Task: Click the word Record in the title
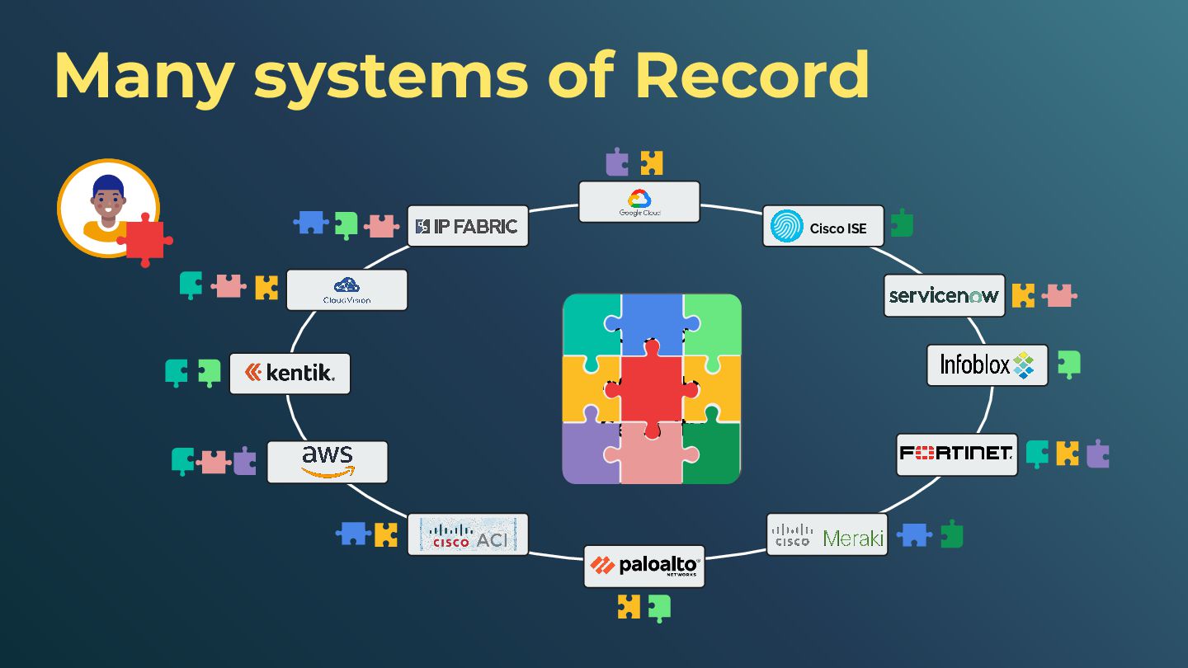pyautogui.click(x=752, y=75)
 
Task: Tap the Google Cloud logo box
pyautogui.click(x=639, y=202)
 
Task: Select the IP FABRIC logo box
pyautogui.click(x=468, y=226)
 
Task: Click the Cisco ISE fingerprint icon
pyautogui.click(x=786, y=226)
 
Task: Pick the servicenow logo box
pyautogui.click(x=945, y=295)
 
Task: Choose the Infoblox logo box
pyautogui.click(x=988, y=365)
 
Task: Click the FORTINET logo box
pyautogui.click(x=957, y=454)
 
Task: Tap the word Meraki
pyautogui.click(x=854, y=538)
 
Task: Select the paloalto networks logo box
pyautogui.click(x=644, y=566)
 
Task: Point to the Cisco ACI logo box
pyautogui.click(x=468, y=534)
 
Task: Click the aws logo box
pyautogui.click(x=328, y=462)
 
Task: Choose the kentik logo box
pyautogui.click(x=290, y=374)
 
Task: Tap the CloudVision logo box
pyautogui.click(x=346, y=289)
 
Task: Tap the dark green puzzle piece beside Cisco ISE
pyautogui.click(x=902, y=223)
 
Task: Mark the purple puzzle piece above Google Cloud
pyautogui.click(x=616, y=162)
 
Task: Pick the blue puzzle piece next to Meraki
pyautogui.click(x=913, y=535)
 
